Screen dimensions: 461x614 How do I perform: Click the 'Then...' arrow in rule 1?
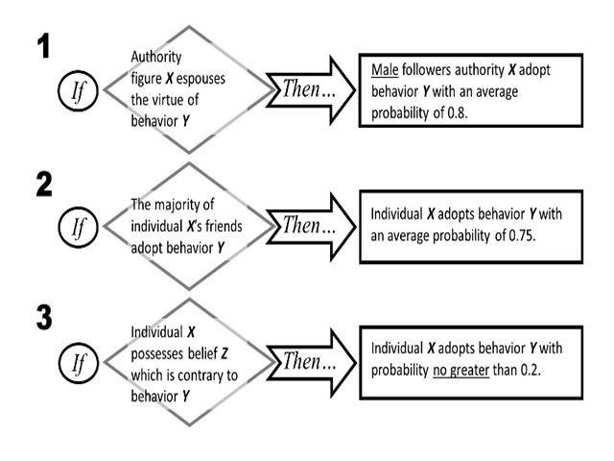[x=307, y=89]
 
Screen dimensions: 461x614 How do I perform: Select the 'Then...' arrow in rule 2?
[x=307, y=227]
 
